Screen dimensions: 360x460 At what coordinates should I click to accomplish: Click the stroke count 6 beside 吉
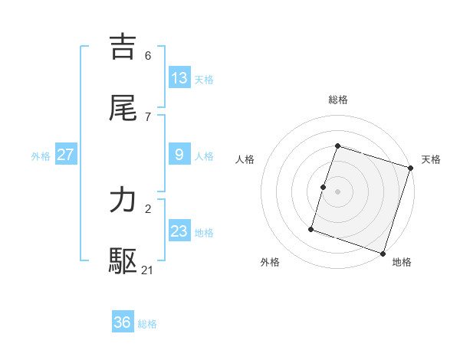click(148, 56)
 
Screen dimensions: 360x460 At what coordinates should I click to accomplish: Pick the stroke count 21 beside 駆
click(149, 270)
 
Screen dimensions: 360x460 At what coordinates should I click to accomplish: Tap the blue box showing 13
click(179, 78)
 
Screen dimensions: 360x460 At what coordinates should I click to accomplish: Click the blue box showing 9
click(179, 155)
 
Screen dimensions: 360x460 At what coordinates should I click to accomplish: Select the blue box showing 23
click(179, 231)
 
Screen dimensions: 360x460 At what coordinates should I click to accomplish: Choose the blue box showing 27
click(65, 155)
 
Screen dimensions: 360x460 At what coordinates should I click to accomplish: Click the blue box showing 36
click(123, 322)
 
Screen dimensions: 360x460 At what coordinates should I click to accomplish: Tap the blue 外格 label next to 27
click(41, 156)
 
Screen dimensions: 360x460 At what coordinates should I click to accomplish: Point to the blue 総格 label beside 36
click(147, 324)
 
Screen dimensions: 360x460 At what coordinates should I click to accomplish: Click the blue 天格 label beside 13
click(204, 80)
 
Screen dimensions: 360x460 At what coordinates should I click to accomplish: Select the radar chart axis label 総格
click(338, 100)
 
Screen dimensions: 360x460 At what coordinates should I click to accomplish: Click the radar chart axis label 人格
click(245, 159)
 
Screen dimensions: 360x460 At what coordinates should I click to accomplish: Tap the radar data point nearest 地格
click(383, 254)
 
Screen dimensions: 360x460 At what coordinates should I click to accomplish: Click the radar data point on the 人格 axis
click(324, 187)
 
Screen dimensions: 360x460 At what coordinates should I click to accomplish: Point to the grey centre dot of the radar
click(338, 191)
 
